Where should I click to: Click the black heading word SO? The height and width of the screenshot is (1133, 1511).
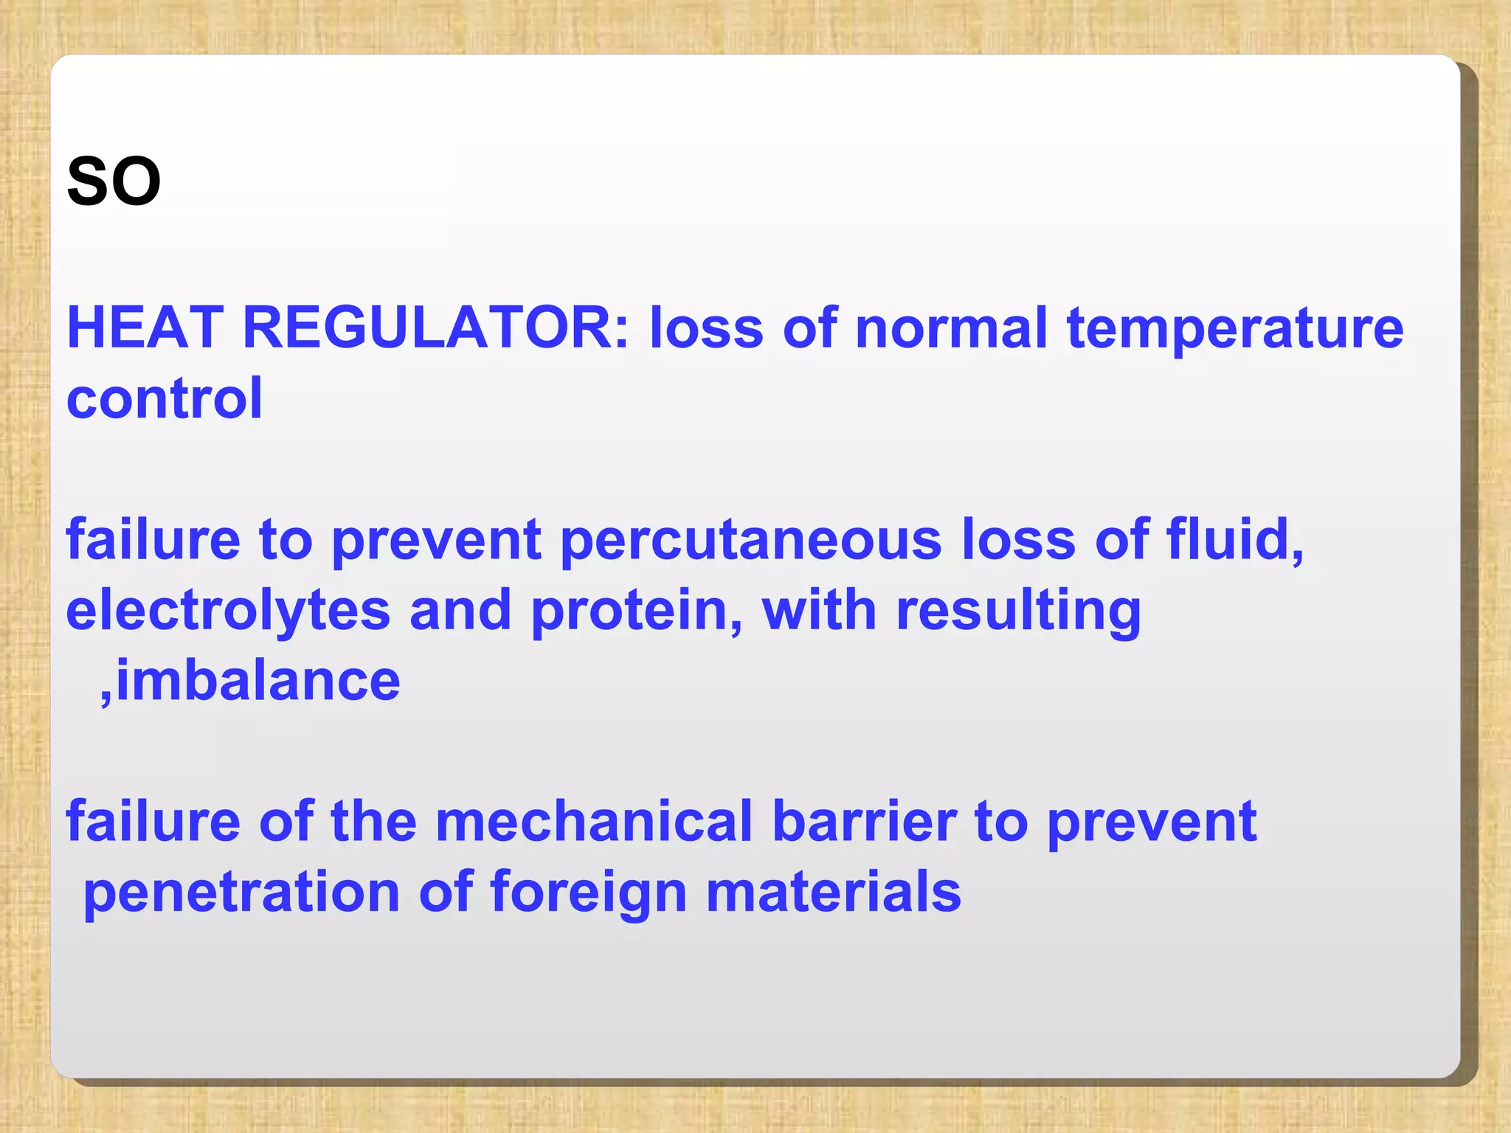coord(114,181)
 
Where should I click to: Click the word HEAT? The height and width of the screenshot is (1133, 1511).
coord(145,328)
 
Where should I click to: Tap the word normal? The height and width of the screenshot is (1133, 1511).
coord(951,328)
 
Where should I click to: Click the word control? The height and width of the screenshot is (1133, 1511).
coord(165,398)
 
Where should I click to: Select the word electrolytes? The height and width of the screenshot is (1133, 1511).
coord(228,611)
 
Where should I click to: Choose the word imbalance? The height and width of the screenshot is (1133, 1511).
coord(258,680)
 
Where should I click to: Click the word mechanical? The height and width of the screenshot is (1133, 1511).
coord(594,821)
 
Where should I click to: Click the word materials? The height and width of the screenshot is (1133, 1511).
coord(834,891)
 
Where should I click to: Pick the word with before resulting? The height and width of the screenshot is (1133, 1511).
coord(819,611)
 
